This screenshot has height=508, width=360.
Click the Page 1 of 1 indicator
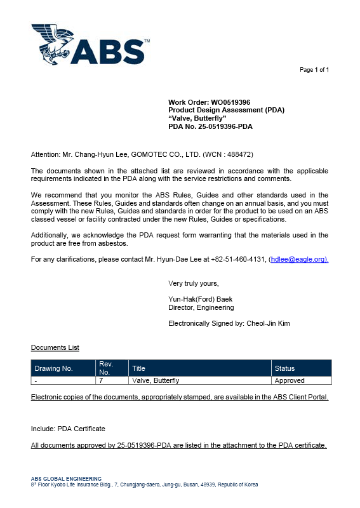(x=314, y=69)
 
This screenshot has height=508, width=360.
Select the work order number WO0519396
(x=230, y=102)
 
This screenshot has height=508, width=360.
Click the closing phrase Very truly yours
(x=193, y=283)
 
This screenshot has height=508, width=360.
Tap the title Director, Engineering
(x=201, y=307)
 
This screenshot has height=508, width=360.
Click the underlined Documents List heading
(x=55, y=347)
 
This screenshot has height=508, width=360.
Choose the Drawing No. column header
(x=54, y=368)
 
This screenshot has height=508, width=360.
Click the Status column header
(x=284, y=368)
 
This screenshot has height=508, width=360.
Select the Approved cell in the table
(x=289, y=380)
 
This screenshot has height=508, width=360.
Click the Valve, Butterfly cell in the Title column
(x=156, y=380)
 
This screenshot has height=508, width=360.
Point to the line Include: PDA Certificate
(x=68, y=429)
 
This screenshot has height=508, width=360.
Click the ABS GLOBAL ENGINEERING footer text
(x=66, y=478)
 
